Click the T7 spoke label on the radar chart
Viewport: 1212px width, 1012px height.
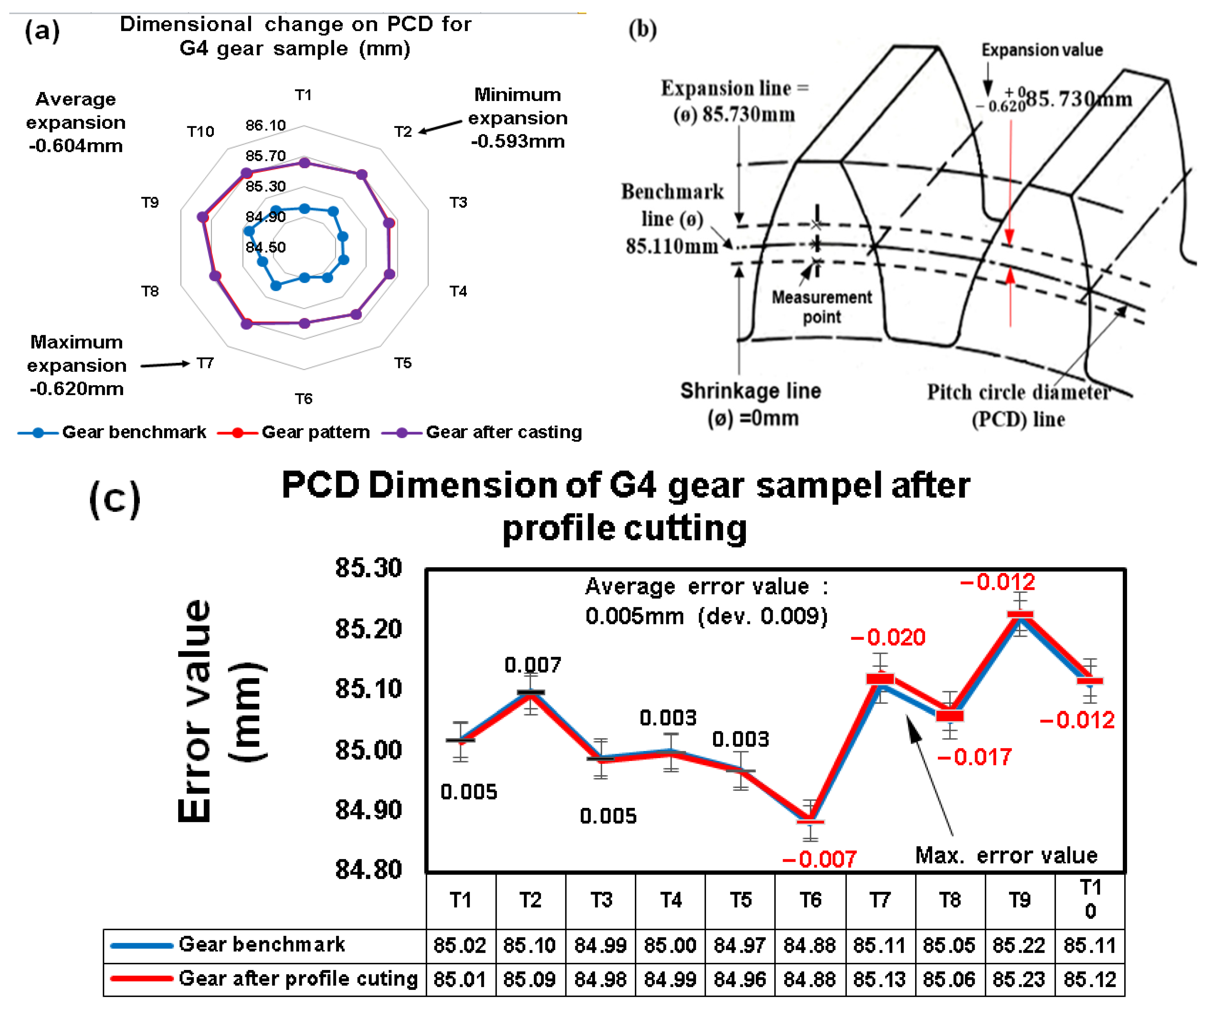tap(205, 363)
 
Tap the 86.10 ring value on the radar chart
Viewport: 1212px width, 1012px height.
tap(265, 125)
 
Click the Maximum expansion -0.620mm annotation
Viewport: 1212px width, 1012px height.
tap(76, 365)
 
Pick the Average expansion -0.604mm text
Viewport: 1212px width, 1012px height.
tap(76, 122)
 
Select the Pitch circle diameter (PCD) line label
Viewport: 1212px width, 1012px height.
tap(1019, 406)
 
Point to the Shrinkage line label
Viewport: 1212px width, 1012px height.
tap(750, 404)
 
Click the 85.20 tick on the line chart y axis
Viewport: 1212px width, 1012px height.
tap(368, 628)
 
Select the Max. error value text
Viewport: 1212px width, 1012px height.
tap(1006, 855)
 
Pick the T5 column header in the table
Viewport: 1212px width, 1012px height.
tap(740, 900)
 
